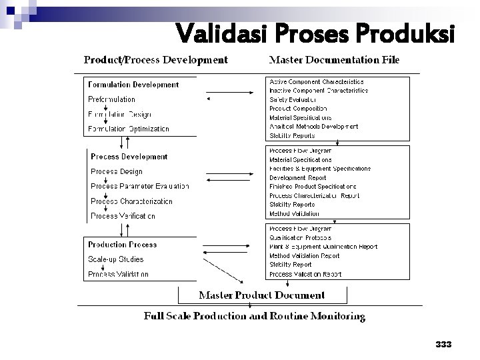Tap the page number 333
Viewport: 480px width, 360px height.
pos(443,345)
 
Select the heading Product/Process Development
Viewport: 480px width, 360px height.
pos(155,60)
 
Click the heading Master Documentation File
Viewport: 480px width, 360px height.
pos(334,60)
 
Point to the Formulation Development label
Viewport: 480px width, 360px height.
pos(133,85)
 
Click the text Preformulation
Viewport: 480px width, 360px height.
pos(111,99)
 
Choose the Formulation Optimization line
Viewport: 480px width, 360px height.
pos(129,129)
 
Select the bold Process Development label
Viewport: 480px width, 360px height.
pos(129,157)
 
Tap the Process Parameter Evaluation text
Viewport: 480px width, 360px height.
pos(139,186)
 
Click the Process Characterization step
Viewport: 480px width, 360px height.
pos(131,201)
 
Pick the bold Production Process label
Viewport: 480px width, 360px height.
pos(123,245)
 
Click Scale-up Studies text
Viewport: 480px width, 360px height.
pos(115,259)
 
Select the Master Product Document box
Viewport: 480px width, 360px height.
pos(262,294)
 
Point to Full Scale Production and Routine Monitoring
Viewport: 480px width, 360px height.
pos(255,315)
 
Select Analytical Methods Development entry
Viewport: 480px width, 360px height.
pos(313,126)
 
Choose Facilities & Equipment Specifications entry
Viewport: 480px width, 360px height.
pos(320,169)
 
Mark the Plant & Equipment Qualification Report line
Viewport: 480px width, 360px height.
pos(323,247)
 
